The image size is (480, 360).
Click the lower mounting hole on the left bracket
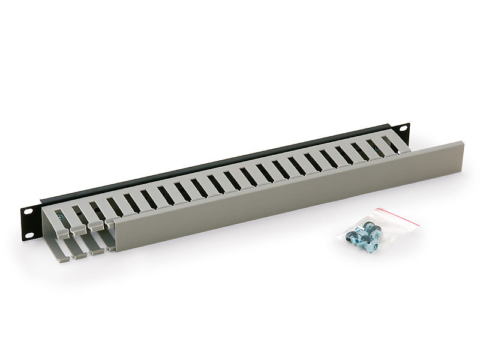tap(28, 229)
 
